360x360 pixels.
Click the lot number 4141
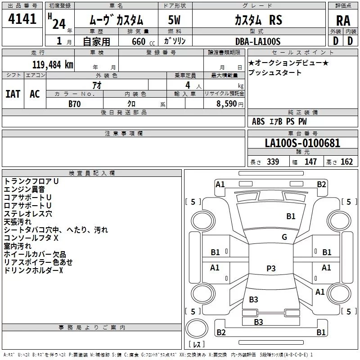(22, 19)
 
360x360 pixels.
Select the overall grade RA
(343, 21)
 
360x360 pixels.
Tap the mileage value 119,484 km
(53, 65)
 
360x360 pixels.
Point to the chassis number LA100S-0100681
(302, 143)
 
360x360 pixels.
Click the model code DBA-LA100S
(258, 41)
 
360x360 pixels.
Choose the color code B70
(75, 104)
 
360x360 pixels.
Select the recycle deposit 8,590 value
(226, 104)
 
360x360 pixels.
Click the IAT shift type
(13, 94)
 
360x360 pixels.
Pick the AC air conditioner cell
(35, 94)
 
